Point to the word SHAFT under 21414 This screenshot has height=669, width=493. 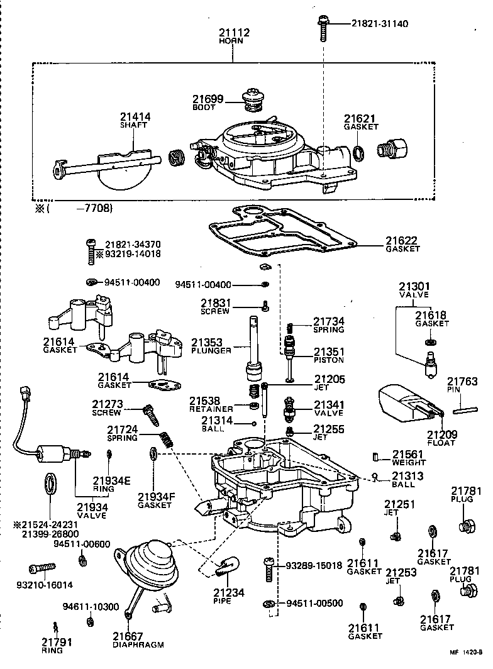pyautogui.click(x=133, y=124)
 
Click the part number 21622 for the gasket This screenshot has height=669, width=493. pyautogui.click(x=402, y=240)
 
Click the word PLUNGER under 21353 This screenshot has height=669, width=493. pyautogui.click(x=214, y=350)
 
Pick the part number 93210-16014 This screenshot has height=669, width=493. pyautogui.click(x=44, y=584)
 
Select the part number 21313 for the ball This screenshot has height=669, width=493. pyautogui.click(x=404, y=476)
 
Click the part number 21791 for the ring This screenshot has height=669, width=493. pyautogui.click(x=57, y=642)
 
